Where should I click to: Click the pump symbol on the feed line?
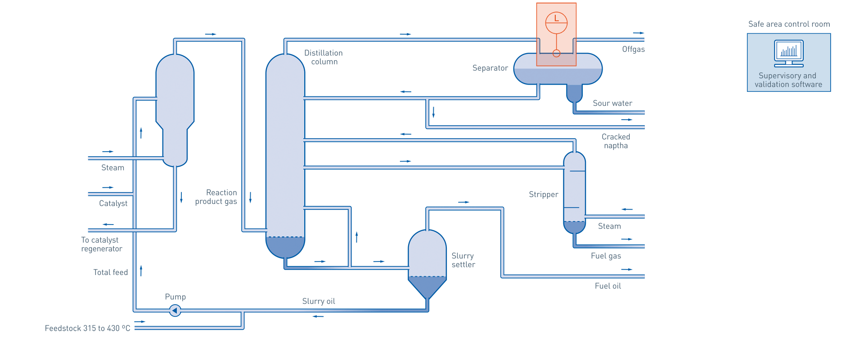pos(175,310)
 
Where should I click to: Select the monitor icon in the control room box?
pos(788,52)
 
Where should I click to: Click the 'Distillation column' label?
pos(324,57)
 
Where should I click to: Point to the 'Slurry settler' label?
pos(463,260)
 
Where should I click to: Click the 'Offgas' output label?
pos(633,49)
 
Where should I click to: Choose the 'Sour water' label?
pos(612,103)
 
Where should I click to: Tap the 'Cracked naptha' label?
pos(616,141)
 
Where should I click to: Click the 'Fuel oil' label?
pos(607,286)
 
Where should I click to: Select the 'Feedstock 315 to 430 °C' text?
pos(87,328)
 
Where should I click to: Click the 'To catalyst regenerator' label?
pos(101,244)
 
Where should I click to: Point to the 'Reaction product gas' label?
pos(216,197)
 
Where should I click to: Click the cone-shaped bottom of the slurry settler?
pos(427,286)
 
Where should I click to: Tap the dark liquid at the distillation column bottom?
pos(285,246)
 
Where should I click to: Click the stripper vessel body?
pos(574,189)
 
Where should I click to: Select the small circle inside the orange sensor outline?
pos(556,54)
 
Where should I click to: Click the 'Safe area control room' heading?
pos(789,24)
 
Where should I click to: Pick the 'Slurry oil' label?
pos(319,301)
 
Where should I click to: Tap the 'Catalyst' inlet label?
pos(113,203)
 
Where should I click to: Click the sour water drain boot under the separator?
pos(574,93)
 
